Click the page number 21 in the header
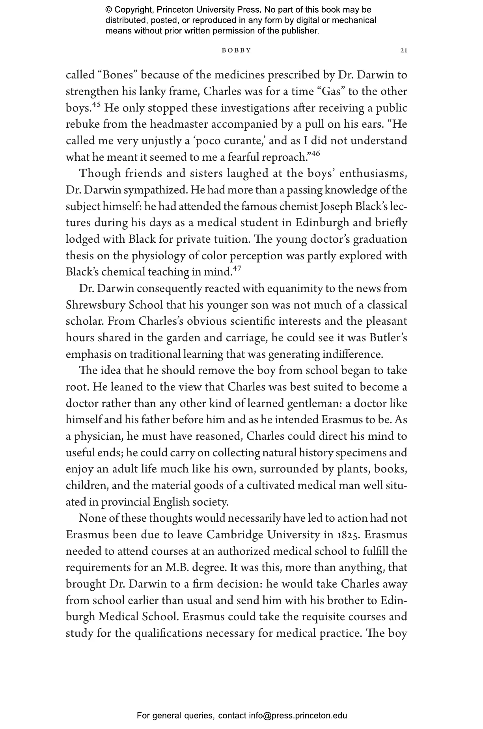(x=403, y=50)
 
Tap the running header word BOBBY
(x=236, y=50)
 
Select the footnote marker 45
(x=96, y=105)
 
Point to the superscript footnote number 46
(x=315, y=154)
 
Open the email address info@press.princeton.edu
(x=298, y=716)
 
